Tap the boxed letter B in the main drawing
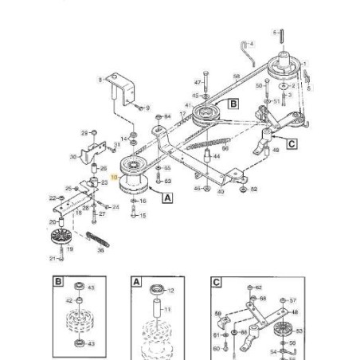(x=233, y=104)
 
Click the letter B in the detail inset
(x=58, y=283)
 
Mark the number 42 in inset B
(x=69, y=300)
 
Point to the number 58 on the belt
(x=237, y=76)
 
